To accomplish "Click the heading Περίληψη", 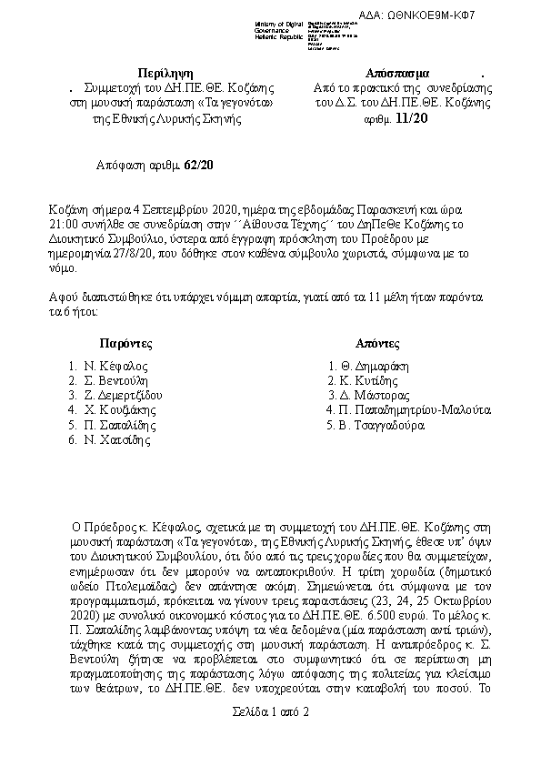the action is click(165, 72).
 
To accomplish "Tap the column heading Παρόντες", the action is click(125, 344).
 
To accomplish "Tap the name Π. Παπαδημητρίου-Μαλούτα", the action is click(415, 410).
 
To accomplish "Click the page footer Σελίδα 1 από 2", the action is click(270, 736).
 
